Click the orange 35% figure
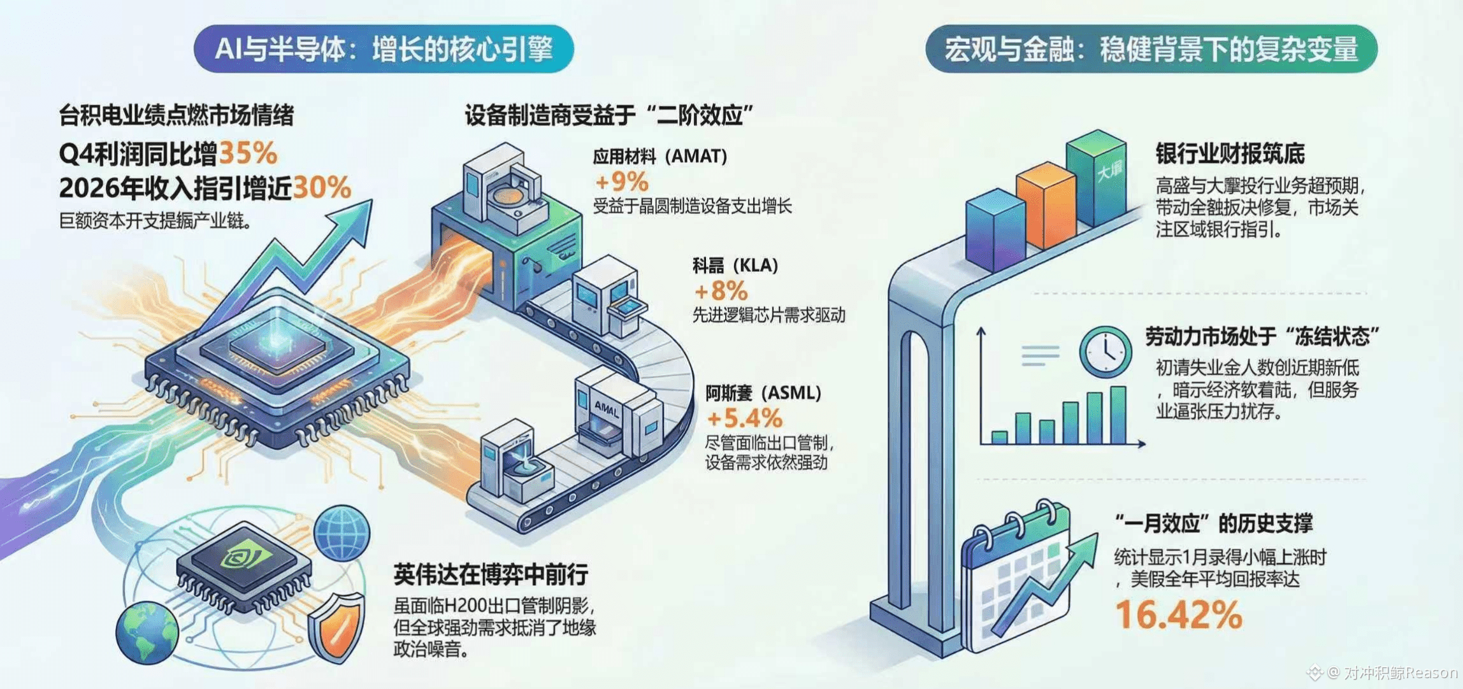point(248,153)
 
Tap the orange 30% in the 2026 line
point(322,188)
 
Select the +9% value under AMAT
point(621,182)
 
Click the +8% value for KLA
point(721,291)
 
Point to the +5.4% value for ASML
point(744,418)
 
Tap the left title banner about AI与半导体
point(384,49)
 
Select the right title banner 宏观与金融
point(1151,49)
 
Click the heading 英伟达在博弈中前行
point(491,574)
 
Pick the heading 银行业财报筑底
point(1230,153)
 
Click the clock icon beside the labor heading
point(1106,351)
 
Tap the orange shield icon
point(336,627)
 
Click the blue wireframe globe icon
point(343,532)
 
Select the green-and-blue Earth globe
point(148,632)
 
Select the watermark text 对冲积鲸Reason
point(1399,672)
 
